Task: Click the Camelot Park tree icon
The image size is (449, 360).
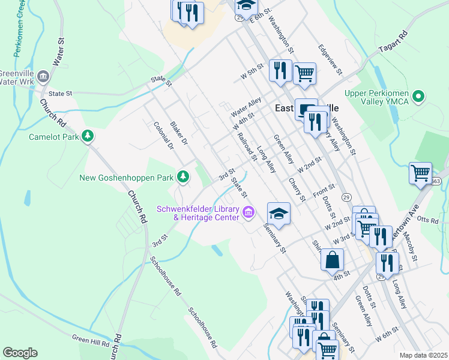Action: coord(88,137)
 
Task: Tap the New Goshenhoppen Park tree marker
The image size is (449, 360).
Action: coord(183,177)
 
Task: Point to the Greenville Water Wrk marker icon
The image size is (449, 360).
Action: coord(43,76)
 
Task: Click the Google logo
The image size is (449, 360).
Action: coord(20,353)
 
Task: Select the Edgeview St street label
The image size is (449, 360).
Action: coord(330,60)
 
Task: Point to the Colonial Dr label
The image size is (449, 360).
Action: coord(163,136)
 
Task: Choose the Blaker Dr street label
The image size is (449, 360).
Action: coord(179,132)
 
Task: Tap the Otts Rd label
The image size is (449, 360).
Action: coord(428,220)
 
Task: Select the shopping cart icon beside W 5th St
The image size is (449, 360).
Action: coord(305,73)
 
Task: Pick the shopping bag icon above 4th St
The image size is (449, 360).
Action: coord(331,260)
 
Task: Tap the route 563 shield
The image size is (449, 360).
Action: coord(436,181)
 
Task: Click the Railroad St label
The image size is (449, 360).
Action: coord(247,147)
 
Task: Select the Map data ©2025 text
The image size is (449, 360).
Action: coord(424,355)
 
